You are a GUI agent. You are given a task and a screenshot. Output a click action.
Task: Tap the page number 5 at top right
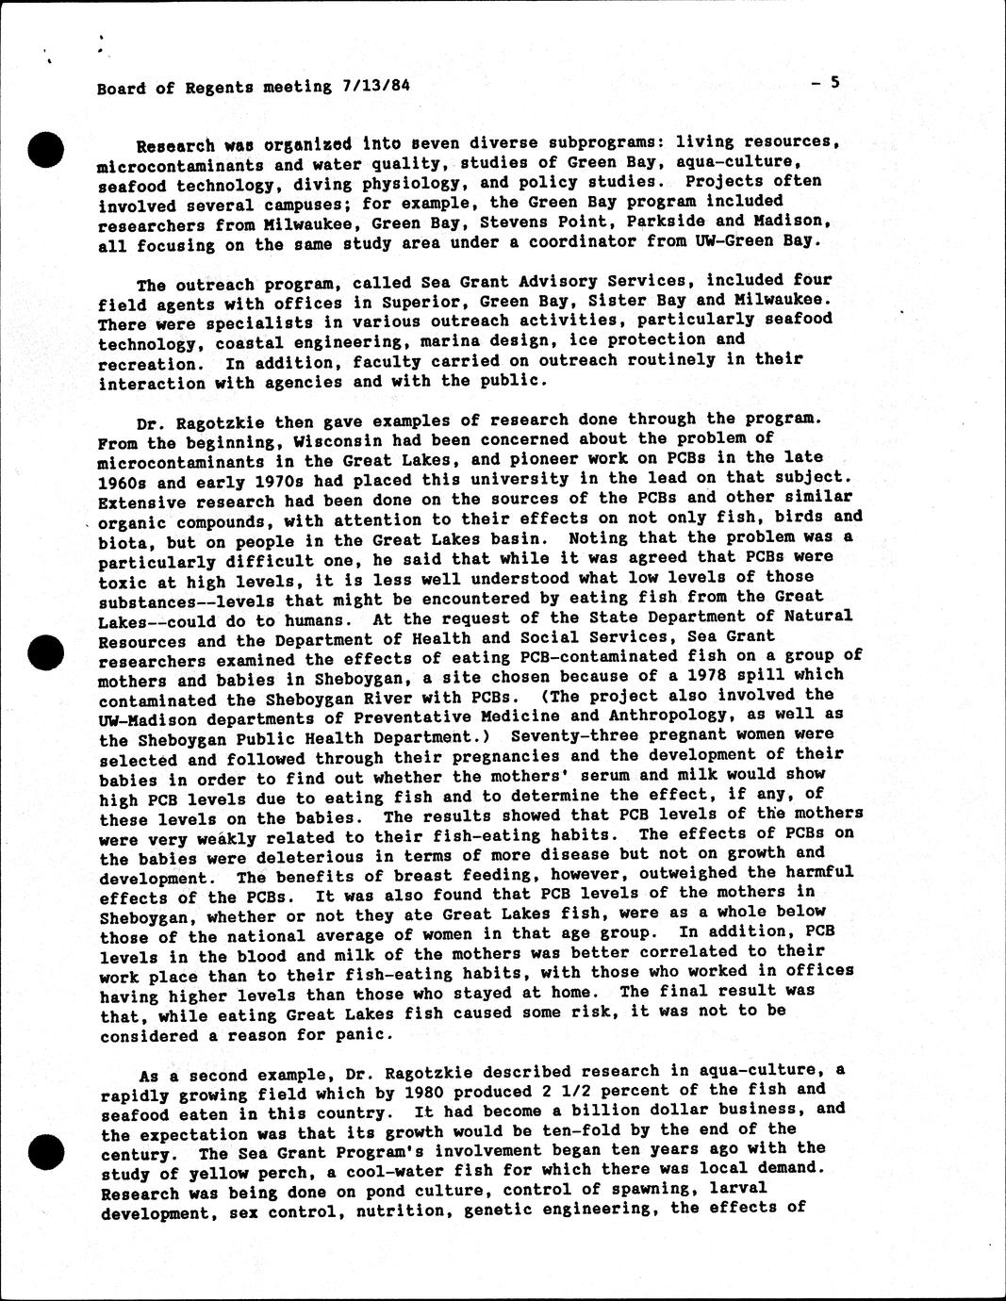[833, 82]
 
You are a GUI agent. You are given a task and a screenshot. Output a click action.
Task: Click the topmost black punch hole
[44, 150]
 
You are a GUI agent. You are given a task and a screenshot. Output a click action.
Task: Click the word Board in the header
[122, 89]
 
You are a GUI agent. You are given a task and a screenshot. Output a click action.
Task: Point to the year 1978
[726, 675]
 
